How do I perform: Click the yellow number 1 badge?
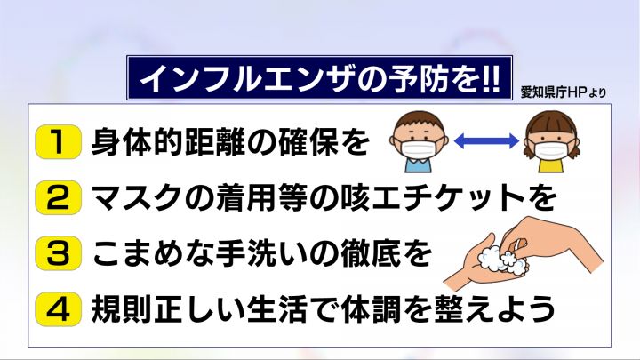(x=58, y=141)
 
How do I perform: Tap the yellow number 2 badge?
(x=58, y=197)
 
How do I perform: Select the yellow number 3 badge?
(x=58, y=253)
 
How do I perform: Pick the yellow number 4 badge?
(x=58, y=309)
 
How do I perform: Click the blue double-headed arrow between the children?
(x=486, y=141)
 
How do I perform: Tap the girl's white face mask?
(x=551, y=149)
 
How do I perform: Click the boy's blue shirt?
(x=419, y=164)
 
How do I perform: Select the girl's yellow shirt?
(x=551, y=165)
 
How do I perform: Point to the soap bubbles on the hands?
(x=501, y=258)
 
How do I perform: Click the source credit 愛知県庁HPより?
(x=564, y=92)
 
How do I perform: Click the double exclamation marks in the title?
(x=490, y=77)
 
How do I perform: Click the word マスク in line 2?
(x=136, y=197)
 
